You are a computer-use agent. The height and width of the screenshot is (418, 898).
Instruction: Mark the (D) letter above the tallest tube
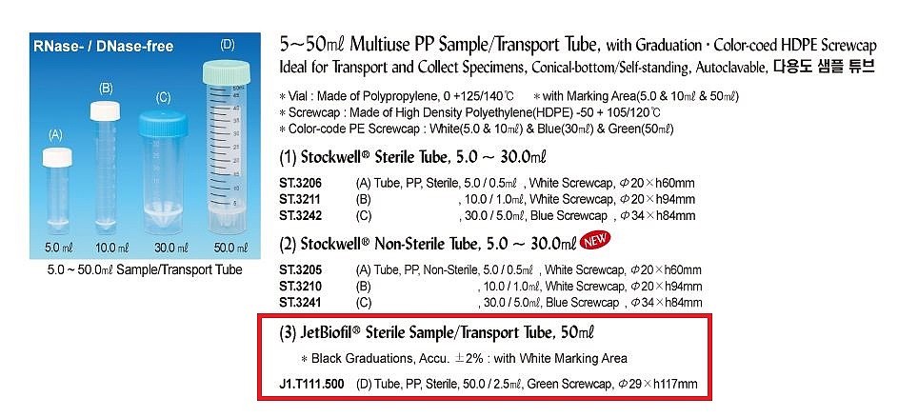tap(227, 44)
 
